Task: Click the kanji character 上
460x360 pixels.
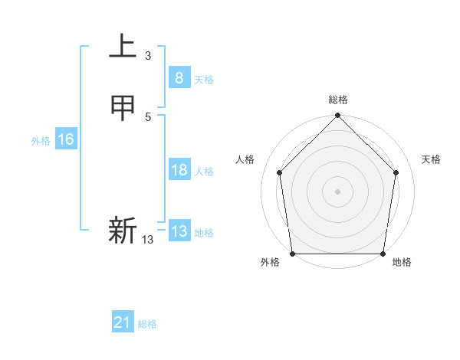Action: [123, 47]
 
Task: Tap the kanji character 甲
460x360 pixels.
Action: [123, 109]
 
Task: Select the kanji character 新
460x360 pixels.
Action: [123, 231]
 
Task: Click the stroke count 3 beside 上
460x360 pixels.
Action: [148, 56]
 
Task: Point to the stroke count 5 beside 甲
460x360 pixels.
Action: [148, 117]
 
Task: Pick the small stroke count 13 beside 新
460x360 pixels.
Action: [148, 240]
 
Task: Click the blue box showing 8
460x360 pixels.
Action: [179, 77]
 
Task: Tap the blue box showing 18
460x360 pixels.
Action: [179, 170]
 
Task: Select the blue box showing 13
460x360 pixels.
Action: [179, 231]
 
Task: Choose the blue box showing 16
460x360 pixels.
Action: [65, 139]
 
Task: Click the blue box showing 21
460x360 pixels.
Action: [123, 323]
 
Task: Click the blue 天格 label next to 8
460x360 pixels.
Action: [204, 80]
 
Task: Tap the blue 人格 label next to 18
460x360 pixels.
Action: [204, 172]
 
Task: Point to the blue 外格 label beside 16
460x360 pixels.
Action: [41, 141]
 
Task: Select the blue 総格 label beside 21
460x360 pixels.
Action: [147, 325]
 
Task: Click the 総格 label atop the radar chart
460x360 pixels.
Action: [338, 100]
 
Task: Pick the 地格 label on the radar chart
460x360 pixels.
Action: [402, 262]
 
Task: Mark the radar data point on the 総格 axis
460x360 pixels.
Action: [338, 116]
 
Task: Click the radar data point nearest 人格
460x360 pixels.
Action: [280, 172]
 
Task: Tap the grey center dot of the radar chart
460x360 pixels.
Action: [338, 191]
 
